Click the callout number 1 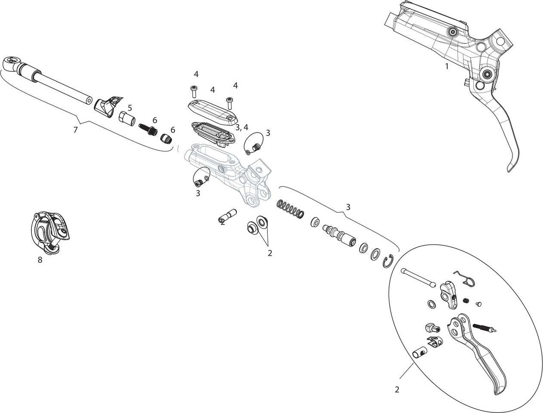[x=447, y=67]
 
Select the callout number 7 [x=76, y=129]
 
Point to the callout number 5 [x=130, y=108]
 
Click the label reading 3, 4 [x=242, y=127]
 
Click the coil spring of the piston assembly [x=291, y=207]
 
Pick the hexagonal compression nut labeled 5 [x=126, y=118]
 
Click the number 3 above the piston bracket [x=348, y=207]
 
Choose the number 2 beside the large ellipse [x=397, y=390]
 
